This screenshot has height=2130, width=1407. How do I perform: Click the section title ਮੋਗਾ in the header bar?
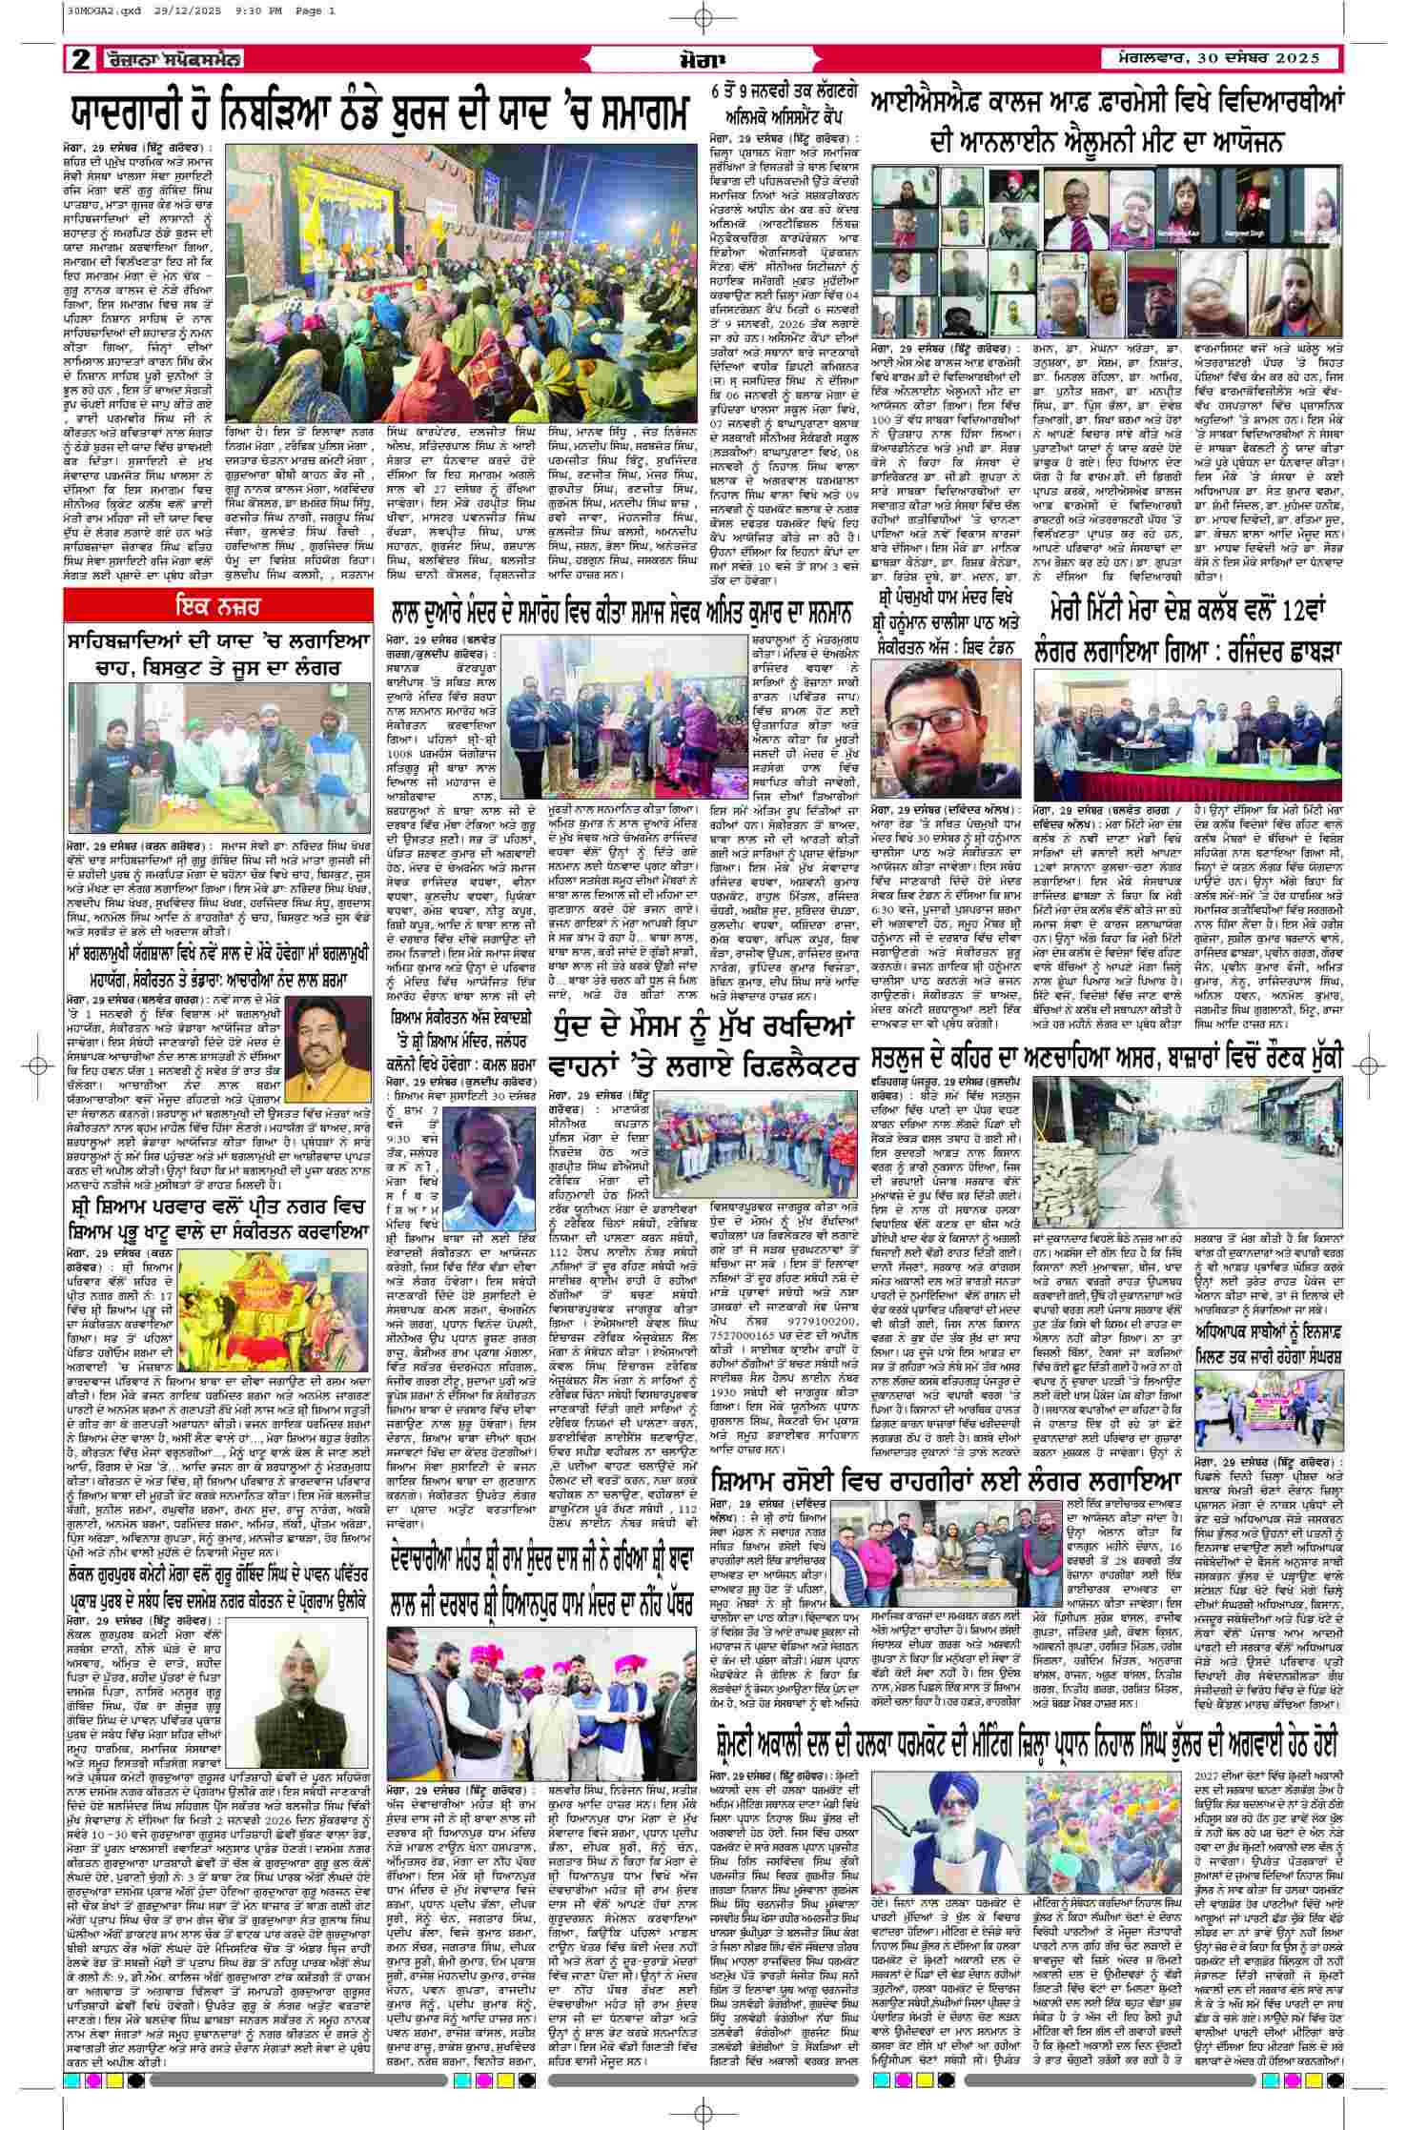tap(704, 59)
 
